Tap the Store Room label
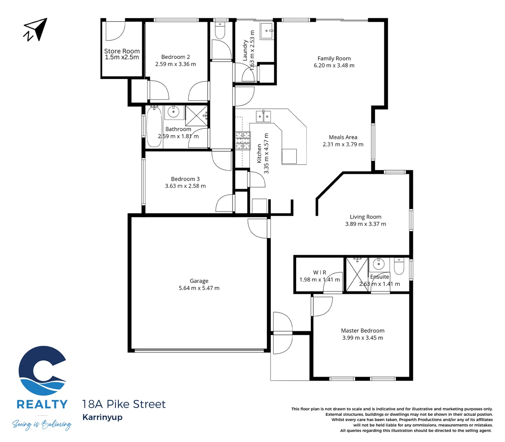122,51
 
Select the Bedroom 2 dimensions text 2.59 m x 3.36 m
175,64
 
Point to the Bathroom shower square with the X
196,116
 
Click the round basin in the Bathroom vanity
174,112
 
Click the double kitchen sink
263,117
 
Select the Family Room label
334,59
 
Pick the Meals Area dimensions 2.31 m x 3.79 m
343,144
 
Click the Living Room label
365,217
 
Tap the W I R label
320,273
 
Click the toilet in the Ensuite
399,267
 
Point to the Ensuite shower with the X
357,275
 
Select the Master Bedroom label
362,331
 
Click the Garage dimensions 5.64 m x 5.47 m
199,288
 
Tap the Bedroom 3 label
185,179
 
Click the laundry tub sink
267,31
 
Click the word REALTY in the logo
42,404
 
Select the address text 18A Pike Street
124,404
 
